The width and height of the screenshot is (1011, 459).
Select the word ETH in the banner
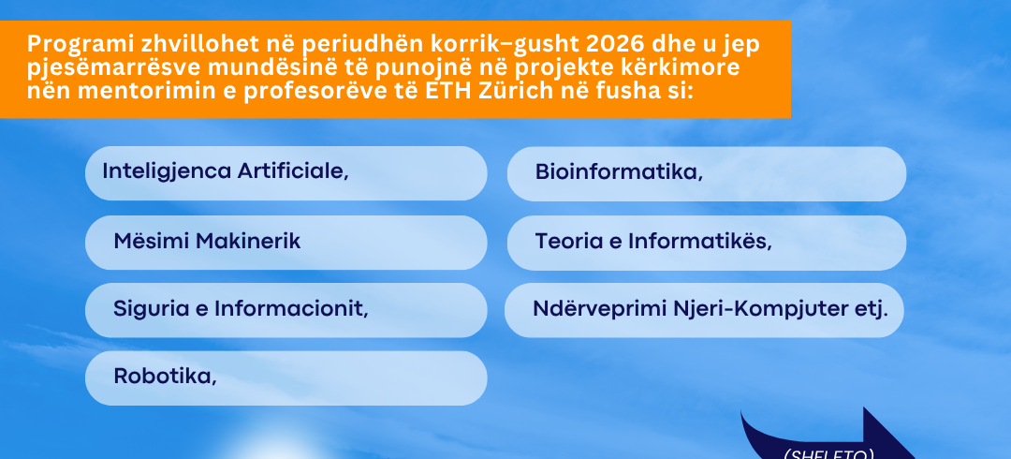[447, 91]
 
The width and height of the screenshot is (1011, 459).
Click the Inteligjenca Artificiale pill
[286, 173]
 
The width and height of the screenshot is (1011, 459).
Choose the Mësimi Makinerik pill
[286, 243]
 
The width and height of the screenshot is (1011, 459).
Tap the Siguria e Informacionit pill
[286, 310]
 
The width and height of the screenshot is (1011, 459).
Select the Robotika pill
[286, 378]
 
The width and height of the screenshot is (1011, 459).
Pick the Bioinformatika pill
[706, 173]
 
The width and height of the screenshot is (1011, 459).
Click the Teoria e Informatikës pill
[706, 243]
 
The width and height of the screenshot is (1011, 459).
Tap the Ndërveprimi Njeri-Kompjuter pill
[704, 310]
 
